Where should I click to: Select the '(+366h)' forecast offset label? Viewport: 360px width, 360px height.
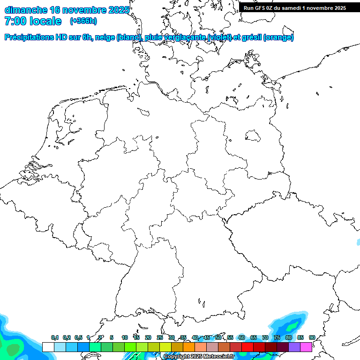83,21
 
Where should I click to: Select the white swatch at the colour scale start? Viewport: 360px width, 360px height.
48,347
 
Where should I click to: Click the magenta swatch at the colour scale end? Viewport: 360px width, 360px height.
306,347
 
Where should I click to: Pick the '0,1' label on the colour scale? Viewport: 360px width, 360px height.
55,338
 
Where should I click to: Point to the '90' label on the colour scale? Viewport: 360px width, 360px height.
312,337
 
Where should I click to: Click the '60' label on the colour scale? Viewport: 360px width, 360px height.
242,338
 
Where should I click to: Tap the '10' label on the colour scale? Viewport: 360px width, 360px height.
125,338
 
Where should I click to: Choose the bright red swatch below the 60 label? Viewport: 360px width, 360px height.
247,347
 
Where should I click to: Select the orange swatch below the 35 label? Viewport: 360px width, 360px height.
189,347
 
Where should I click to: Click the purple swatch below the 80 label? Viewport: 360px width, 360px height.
294,347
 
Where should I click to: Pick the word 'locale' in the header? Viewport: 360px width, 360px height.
45,21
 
